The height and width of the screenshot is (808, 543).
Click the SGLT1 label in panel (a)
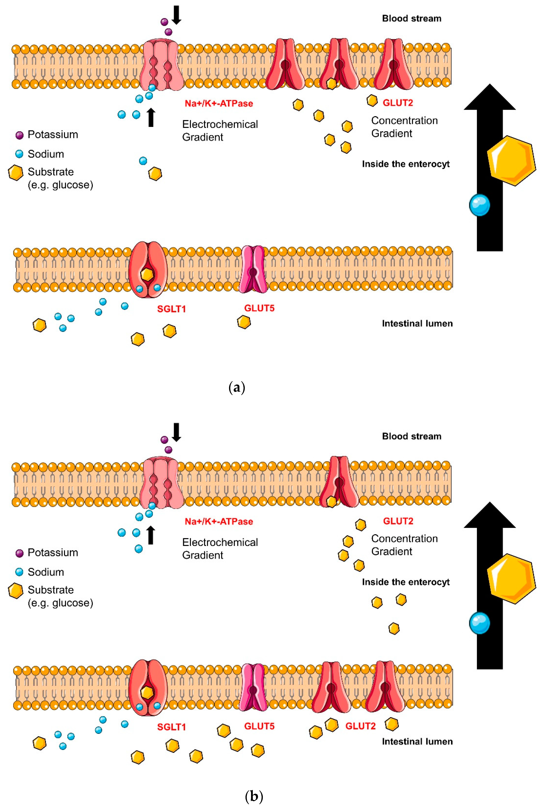[x=171, y=309]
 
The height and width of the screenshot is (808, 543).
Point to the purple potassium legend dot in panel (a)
[x=19, y=135]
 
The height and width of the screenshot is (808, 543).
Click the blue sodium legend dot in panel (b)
[x=19, y=572]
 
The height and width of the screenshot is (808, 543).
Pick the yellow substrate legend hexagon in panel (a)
[x=16, y=172]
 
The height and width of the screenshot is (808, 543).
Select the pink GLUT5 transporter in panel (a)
[x=253, y=269]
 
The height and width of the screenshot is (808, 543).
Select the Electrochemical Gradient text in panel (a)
[x=220, y=130]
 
